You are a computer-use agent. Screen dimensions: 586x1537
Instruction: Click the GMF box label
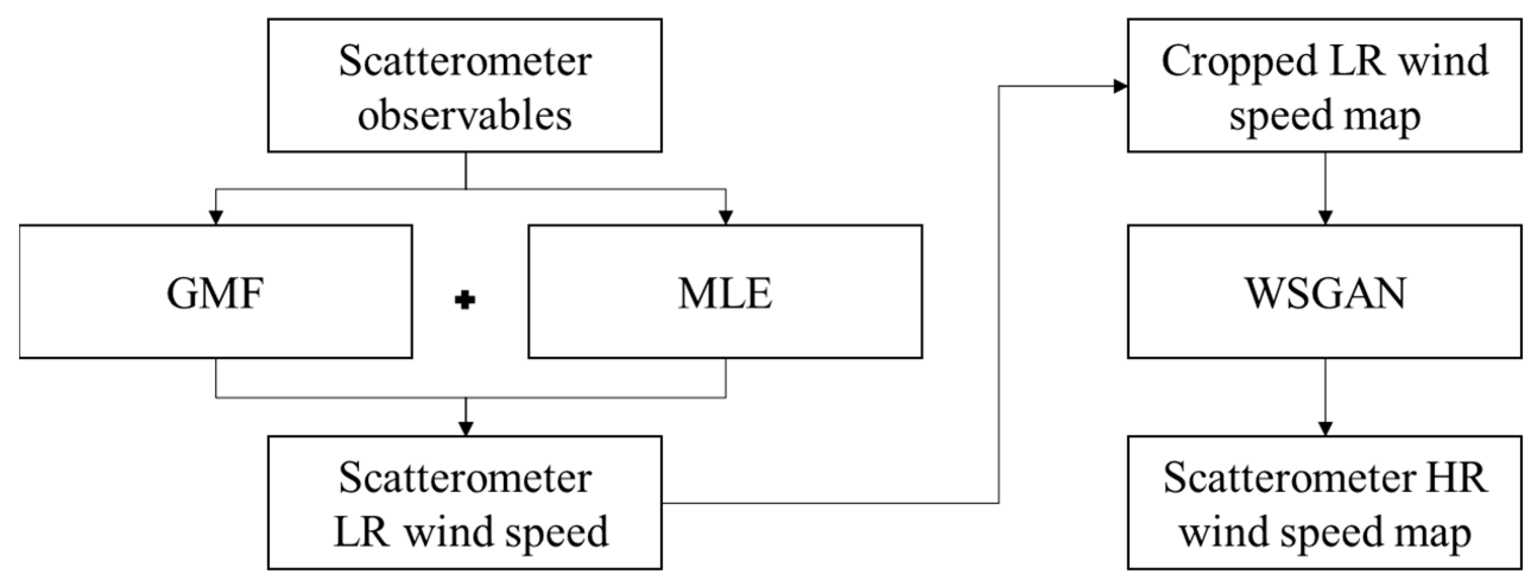[x=215, y=294]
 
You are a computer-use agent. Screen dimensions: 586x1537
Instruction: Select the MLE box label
[x=725, y=294]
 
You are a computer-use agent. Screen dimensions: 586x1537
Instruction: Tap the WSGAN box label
[x=1324, y=294]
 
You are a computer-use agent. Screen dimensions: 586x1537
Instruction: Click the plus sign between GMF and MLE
[x=465, y=300]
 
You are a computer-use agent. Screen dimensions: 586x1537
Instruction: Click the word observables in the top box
[x=465, y=114]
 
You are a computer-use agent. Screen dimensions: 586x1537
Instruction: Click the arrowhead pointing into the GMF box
[x=216, y=217]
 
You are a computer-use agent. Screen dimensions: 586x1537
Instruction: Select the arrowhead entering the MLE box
[x=725, y=217]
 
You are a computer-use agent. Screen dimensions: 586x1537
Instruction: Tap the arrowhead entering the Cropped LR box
[x=1120, y=87]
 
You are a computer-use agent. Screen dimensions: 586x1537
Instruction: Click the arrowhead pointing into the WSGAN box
[x=1325, y=217]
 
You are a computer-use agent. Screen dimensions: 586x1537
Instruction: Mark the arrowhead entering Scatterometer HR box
[x=1325, y=428]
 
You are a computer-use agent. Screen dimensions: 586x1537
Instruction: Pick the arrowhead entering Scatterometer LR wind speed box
[x=465, y=428]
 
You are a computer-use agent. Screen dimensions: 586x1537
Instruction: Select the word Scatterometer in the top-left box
[x=465, y=61]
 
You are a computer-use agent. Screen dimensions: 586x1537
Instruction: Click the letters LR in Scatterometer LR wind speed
[x=362, y=532]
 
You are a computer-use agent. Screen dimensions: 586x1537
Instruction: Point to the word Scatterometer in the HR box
[x=1289, y=478]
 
